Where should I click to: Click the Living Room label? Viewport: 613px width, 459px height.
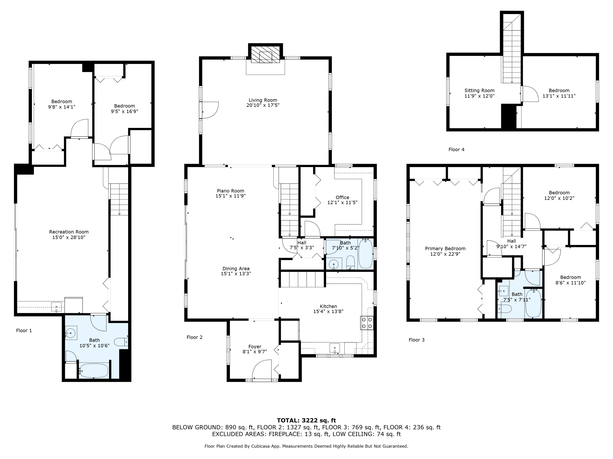pyautogui.click(x=263, y=100)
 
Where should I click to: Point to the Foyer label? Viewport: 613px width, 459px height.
pyautogui.click(x=255, y=347)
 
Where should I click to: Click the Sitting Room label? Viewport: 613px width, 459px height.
pyautogui.click(x=479, y=90)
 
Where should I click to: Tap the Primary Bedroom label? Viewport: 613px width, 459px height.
pyautogui.click(x=445, y=248)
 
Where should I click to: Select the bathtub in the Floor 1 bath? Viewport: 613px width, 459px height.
pyautogui.click(x=93, y=370)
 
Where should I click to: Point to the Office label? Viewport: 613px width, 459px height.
pyautogui.click(x=342, y=197)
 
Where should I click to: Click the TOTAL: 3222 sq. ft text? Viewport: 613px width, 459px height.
pyautogui.click(x=306, y=420)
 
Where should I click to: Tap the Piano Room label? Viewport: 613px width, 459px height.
pyautogui.click(x=230, y=191)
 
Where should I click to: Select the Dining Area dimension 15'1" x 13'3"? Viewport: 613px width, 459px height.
pyautogui.click(x=236, y=274)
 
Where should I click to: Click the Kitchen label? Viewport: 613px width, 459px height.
pyautogui.click(x=328, y=306)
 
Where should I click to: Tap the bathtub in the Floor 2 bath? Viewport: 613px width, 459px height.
pyautogui.click(x=366, y=254)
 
